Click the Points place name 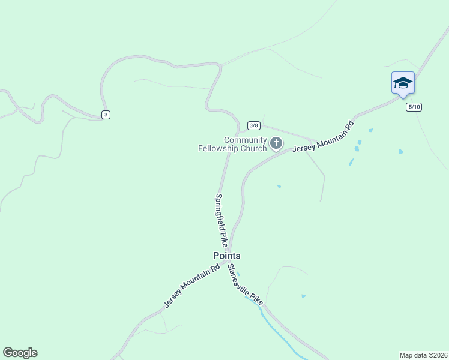227,256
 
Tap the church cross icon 276,142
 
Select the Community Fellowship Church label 233,144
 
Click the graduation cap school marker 403,83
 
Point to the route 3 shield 106,115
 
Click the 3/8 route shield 254,125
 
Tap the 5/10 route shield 414,107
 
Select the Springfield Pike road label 221,220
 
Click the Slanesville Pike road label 245,286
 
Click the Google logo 20,353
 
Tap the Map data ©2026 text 423,355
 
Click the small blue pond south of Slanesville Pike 304,296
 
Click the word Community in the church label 245,140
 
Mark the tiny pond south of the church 279,187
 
